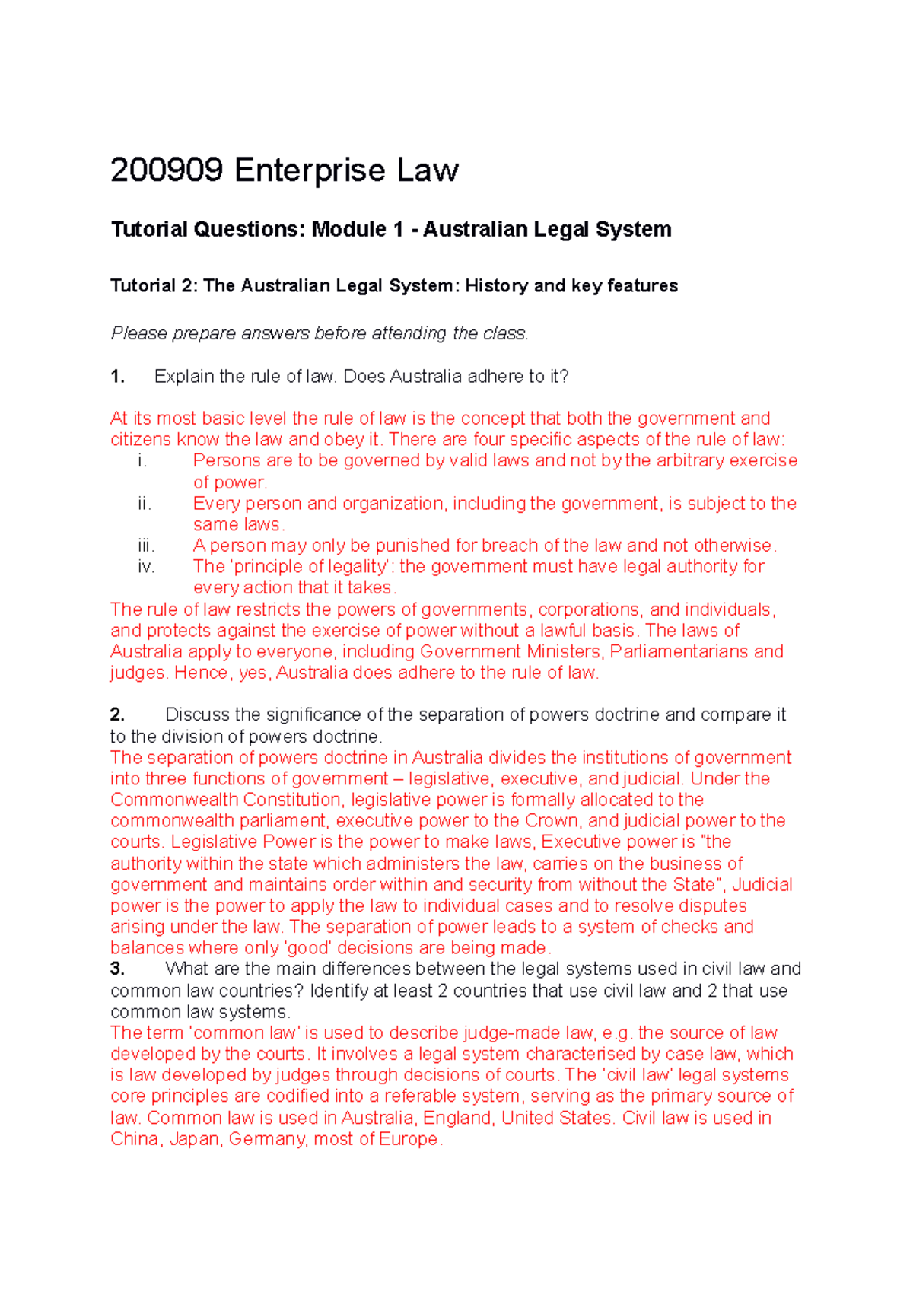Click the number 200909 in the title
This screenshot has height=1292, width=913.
click(167, 170)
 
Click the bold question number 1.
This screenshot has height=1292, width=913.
click(117, 377)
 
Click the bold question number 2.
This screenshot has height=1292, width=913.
click(117, 714)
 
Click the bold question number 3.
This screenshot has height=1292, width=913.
click(117, 969)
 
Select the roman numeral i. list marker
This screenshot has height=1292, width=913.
click(142, 460)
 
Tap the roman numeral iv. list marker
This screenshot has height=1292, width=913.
click(146, 566)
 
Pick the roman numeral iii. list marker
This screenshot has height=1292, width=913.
click(146, 546)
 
